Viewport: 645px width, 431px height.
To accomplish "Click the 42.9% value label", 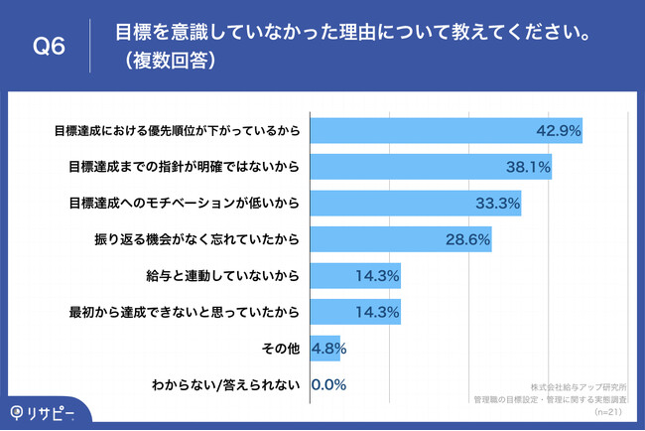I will click(559, 132).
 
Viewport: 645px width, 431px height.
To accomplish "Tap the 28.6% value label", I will click(467, 240).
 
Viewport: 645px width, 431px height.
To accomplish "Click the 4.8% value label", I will click(328, 350).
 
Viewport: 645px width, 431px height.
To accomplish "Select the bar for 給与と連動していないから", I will click(356, 276).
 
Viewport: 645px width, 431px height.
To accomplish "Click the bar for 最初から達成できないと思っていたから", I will click(356, 313).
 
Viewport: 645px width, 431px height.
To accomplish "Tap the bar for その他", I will click(325, 350).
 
